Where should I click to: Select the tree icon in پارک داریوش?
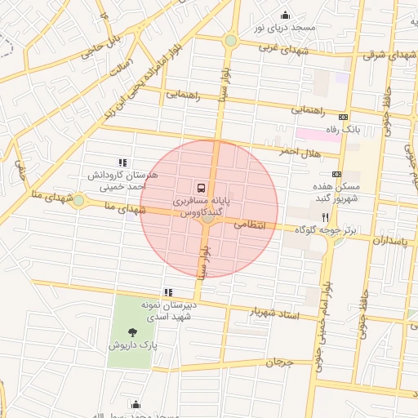point(132,331)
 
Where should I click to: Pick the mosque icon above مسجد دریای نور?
point(284,15)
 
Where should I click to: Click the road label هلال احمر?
point(300,152)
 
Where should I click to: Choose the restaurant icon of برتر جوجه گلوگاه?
point(325,217)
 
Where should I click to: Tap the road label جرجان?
point(278,361)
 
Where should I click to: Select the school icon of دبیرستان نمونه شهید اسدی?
point(168,291)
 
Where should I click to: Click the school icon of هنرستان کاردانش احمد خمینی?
point(122,162)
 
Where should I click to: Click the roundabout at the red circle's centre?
point(208,217)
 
